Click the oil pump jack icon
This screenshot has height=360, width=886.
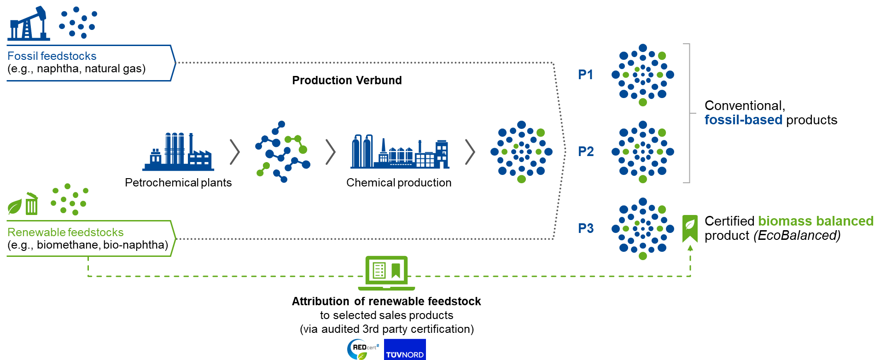tap(29, 23)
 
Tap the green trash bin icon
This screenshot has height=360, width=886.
tap(31, 203)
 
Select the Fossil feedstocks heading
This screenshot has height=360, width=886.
tap(52, 56)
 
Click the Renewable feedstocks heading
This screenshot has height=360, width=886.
tap(65, 232)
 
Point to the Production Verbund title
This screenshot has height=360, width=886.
tap(347, 81)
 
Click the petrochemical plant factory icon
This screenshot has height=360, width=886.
tap(178, 151)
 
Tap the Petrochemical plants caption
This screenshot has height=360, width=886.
tap(178, 183)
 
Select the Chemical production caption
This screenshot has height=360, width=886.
tap(399, 183)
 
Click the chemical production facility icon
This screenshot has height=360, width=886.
tap(400, 151)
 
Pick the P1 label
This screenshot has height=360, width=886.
tap(586, 75)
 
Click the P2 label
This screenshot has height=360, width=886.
tap(586, 151)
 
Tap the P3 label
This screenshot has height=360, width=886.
tap(586, 228)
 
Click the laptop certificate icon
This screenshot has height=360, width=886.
tap(386, 273)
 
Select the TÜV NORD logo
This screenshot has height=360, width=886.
tap(405, 350)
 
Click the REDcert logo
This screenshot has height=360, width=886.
tap(363, 349)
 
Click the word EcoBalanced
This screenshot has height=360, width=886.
tap(797, 236)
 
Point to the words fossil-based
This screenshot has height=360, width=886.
tap(743, 120)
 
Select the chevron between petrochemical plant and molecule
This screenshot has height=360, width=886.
tap(235, 152)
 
